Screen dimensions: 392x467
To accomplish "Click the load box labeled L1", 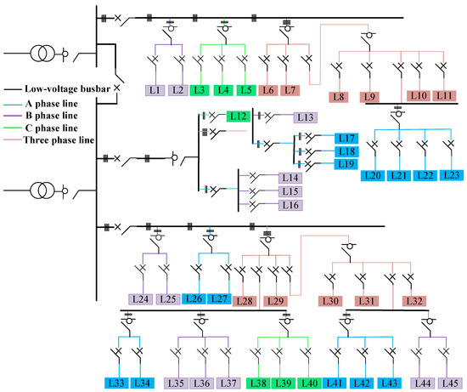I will point(155,88).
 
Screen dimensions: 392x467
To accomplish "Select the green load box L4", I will point(222,88).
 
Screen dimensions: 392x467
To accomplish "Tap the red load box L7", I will point(290,88).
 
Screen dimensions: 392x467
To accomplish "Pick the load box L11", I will point(443,96).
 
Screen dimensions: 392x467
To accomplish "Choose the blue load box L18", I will point(346,151).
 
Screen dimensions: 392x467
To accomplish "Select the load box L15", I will point(291,191).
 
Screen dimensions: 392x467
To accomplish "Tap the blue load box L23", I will point(453,175).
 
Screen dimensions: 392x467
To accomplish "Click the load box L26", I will point(194,298).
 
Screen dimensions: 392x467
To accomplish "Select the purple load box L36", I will point(202,383).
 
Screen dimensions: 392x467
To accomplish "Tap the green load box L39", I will point(285,383).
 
